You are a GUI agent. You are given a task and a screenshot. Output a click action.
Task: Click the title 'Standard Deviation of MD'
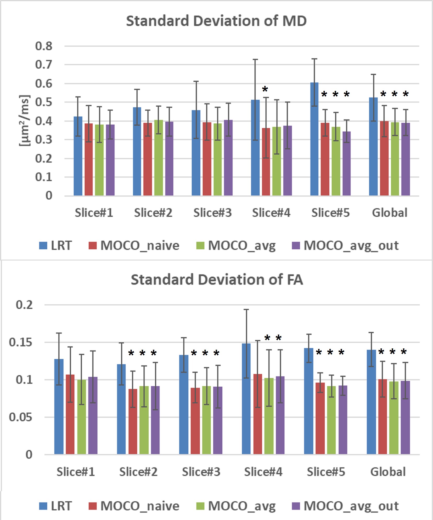pyautogui.click(x=216, y=21)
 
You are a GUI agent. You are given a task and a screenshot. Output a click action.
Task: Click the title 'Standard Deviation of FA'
pyautogui.click(x=217, y=280)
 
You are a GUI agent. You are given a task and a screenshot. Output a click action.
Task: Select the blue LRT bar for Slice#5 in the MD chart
pyautogui.click(x=314, y=139)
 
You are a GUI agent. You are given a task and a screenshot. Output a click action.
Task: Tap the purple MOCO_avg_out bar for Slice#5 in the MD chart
pyautogui.click(x=347, y=163)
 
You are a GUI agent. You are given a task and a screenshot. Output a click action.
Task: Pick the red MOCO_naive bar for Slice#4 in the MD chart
pyautogui.click(x=266, y=162)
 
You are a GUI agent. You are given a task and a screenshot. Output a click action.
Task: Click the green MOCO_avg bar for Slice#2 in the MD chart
pyautogui.click(x=159, y=158)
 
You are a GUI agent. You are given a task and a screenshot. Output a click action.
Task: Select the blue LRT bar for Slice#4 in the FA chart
pyautogui.click(x=246, y=399)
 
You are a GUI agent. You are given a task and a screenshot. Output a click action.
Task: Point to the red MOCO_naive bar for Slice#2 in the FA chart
pyautogui.click(x=133, y=422)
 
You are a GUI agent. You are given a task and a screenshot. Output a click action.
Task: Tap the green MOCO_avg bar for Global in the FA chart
pyautogui.click(x=394, y=418)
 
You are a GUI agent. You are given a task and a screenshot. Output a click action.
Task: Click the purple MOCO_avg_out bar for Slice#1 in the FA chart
pyautogui.click(x=93, y=415)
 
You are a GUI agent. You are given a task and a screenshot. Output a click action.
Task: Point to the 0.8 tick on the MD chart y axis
pyautogui.click(x=44, y=46)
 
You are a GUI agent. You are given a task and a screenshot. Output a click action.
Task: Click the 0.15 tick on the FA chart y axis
pyautogui.click(x=21, y=342)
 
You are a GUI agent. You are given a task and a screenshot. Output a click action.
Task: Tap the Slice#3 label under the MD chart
pyautogui.click(x=212, y=213)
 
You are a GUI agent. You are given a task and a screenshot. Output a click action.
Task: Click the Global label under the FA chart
pyautogui.click(x=388, y=472)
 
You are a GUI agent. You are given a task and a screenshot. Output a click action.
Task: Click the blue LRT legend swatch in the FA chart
pyautogui.click(x=43, y=506)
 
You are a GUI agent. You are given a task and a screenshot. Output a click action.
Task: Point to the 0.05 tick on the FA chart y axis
pyautogui.click(x=21, y=417)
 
